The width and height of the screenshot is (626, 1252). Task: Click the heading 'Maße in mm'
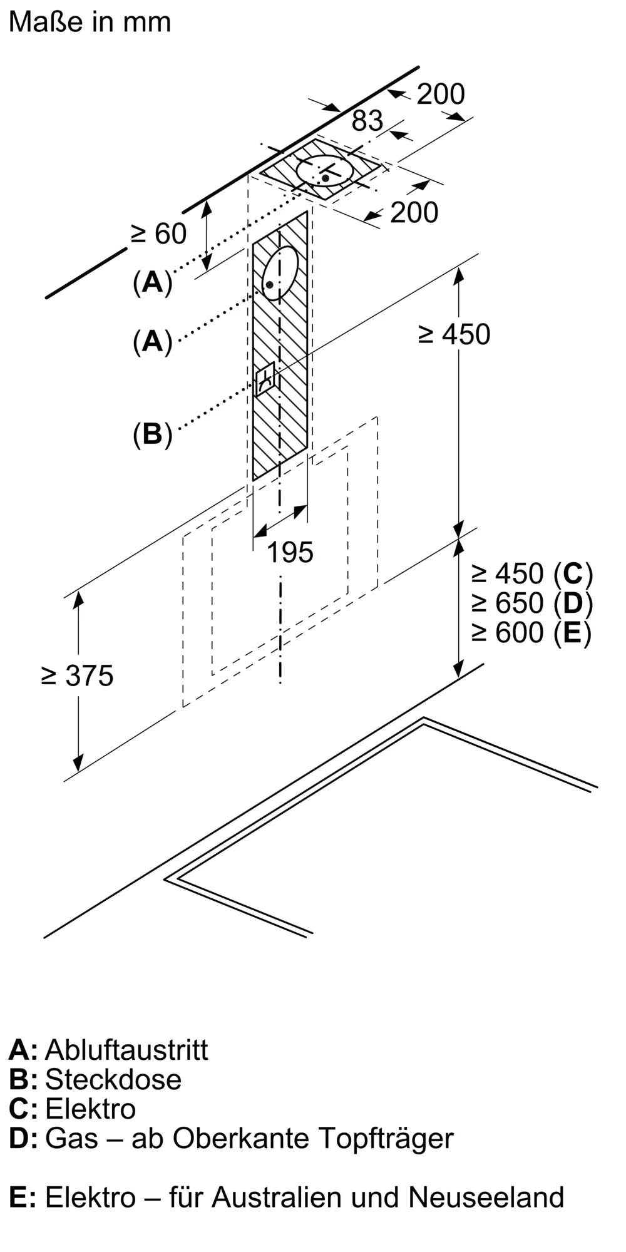[x=90, y=22]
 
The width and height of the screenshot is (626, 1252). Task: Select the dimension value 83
[x=367, y=121]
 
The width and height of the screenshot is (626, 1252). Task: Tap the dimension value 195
[x=290, y=552]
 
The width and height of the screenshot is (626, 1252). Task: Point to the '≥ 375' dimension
[x=78, y=676]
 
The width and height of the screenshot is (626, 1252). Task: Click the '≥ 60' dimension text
[x=159, y=234]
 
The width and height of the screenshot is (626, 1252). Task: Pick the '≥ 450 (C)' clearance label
[x=531, y=573]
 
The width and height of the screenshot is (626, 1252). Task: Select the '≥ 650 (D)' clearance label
[x=531, y=603]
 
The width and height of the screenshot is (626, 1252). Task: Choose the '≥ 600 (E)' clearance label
[x=531, y=632]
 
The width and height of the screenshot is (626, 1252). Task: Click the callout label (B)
[x=152, y=434]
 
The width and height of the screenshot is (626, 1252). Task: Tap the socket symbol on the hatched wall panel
[x=265, y=379]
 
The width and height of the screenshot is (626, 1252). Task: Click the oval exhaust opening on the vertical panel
[x=280, y=274]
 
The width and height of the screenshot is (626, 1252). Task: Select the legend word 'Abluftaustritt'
[x=126, y=1050]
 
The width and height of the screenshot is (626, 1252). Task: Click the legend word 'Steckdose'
[x=113, y=1079]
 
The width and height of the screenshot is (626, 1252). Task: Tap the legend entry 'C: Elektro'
[x=72, y=1109]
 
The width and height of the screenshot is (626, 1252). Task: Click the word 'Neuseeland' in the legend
[x=486, y=1197]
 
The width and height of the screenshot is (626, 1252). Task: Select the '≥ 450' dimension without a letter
[x=454, y=334]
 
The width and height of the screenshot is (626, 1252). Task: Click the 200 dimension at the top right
[x=441, y=95]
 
